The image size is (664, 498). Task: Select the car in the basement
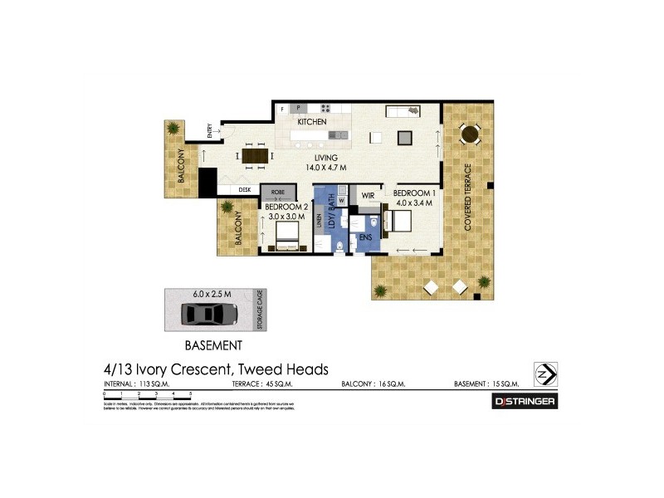click(x=210, y=314)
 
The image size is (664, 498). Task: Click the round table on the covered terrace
click(x=469, y=133)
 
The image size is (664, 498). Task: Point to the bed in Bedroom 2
click(x=286, y=233)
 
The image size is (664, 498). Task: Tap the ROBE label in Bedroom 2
click(x=277, y=191)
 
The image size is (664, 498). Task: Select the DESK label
click(x=244, y=190)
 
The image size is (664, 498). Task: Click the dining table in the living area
click(x=255, y=154)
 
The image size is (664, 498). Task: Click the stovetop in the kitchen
click(x=325, y=108)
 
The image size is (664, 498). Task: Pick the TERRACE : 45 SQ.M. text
click(x=258, y=384)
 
